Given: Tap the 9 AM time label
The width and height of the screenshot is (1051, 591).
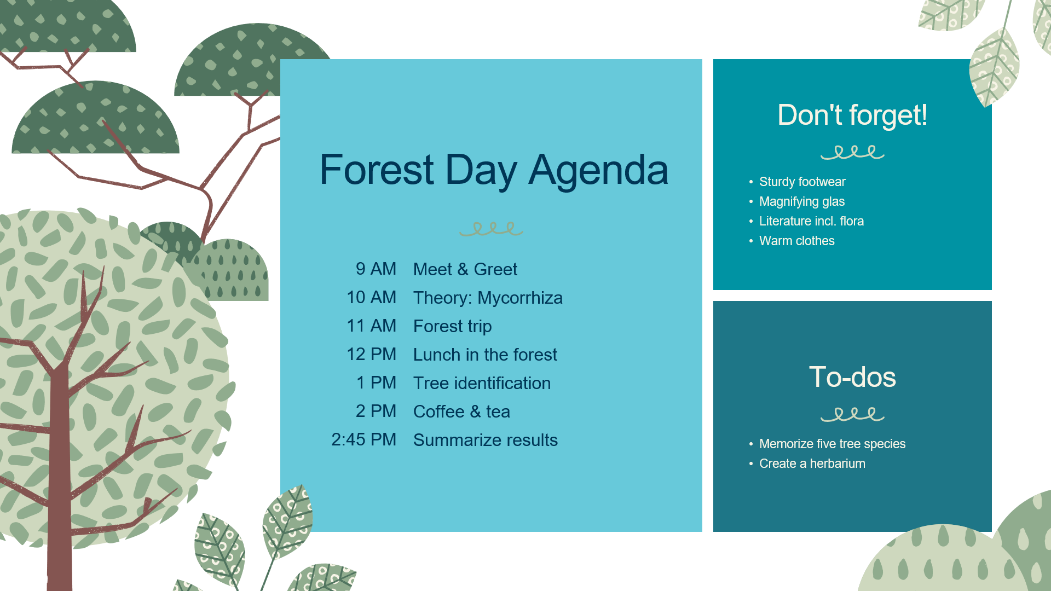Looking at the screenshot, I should (x=376, y=269).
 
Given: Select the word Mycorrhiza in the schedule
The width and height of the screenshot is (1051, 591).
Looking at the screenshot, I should (x=519, y=298).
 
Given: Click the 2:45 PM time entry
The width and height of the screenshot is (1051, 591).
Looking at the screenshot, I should (x=363, y=439).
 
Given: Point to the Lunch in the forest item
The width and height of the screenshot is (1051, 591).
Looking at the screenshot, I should (x=484, y=355).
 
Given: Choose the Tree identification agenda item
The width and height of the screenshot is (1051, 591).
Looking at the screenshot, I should (x=481, y=383).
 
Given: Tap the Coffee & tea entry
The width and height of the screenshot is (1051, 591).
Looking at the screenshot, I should (x=461, y=412).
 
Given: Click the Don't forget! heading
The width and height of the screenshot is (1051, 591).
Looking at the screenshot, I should (x=852, y=115).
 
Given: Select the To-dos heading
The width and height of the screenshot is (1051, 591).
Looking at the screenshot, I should (x=852, y=377).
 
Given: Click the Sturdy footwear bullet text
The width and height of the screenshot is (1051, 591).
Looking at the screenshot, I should (x=802, y=182).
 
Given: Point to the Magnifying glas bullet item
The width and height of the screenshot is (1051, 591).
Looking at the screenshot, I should (x=801, y=201).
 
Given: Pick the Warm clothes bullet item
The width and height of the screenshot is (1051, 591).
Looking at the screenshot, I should (x=796, y=241).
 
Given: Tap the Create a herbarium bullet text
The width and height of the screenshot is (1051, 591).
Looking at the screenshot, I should (x=812, y=463).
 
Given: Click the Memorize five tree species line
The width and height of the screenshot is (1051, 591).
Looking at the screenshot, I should (x=831, y=444).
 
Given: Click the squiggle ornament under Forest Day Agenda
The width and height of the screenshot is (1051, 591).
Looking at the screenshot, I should (x=491, y=229).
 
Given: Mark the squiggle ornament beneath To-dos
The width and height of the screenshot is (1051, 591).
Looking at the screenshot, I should (x=852, y=414).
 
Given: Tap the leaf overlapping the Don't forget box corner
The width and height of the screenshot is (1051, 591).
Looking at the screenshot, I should (x=994, y=68).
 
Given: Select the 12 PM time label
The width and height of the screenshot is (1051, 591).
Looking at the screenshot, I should (x=371, y=354).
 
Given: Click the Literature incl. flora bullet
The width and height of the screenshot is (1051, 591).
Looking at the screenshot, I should (x=811, y=221).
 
